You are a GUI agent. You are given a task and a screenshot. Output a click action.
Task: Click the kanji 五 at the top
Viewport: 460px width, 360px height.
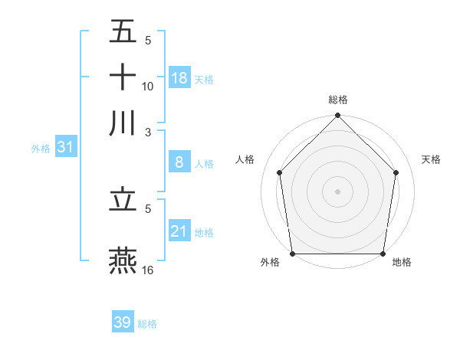click(x=123, y=32)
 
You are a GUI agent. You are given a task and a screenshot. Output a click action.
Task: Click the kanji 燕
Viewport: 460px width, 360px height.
click(x=123, y=260)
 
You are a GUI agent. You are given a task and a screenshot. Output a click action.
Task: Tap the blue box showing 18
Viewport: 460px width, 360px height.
click(x=179, y=77)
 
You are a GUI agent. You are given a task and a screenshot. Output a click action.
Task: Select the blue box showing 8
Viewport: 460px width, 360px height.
click(x=179, y=162)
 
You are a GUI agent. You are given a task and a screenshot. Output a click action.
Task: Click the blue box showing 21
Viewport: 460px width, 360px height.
click(x=179, y=231)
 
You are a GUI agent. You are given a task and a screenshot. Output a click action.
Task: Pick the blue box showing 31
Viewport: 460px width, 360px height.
click(x=65, y=146)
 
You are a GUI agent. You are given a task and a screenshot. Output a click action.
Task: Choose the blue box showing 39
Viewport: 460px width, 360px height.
click(x=123, y=322)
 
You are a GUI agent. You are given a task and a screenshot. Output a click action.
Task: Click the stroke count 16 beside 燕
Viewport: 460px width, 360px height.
click(x=149, y=270)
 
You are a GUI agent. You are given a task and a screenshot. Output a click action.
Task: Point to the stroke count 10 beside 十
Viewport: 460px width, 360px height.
click(x=148, y=86)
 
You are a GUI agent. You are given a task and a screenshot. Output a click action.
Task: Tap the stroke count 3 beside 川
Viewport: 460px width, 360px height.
click(x=148, y=131)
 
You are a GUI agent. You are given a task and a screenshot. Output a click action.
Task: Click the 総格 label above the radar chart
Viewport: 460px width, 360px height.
click(x=338, y=100)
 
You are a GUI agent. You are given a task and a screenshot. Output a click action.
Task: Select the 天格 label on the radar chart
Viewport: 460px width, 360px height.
click(x=432, y=159)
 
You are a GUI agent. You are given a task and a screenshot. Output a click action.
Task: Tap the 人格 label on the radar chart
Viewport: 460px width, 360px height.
click(x=245, y=159)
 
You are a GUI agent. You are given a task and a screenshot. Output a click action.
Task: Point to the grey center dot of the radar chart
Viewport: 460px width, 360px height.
click(x=338, y=191)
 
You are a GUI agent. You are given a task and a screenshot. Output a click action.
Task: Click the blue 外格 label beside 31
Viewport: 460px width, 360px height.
click(x=41, y=149)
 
